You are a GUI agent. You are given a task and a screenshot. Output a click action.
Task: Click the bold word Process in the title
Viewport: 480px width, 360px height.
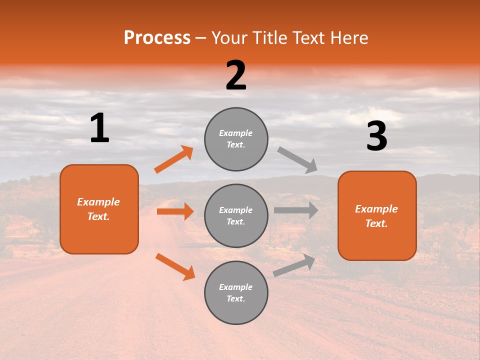[157, 38]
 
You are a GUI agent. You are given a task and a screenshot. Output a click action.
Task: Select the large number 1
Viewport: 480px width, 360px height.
[99, 128]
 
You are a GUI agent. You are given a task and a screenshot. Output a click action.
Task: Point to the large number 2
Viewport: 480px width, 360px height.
[236, 75]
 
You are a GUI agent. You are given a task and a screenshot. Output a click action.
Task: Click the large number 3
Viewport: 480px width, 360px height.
[376, 136]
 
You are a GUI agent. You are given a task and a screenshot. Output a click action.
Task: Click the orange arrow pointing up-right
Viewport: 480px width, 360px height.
[174, 159]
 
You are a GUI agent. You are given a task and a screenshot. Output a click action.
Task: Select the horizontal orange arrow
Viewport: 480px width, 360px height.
[175, 211]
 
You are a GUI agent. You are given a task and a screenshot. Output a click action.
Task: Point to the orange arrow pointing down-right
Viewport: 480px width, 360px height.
[175, 266]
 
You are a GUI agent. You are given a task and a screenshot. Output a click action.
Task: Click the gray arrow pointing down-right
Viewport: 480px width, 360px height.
[297, 160]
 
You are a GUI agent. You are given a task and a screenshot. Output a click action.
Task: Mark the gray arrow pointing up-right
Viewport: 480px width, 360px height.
[294, 265]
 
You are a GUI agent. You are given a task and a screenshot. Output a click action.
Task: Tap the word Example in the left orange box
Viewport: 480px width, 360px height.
[98, 202]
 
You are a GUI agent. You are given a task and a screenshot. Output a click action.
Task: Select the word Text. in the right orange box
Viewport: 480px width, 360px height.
[376, 223]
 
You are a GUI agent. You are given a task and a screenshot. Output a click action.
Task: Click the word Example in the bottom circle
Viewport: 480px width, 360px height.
[236, 287]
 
